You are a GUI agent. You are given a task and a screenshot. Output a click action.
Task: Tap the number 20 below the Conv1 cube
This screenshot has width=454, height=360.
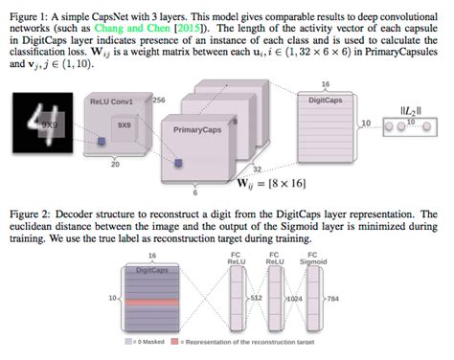(116, 165)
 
